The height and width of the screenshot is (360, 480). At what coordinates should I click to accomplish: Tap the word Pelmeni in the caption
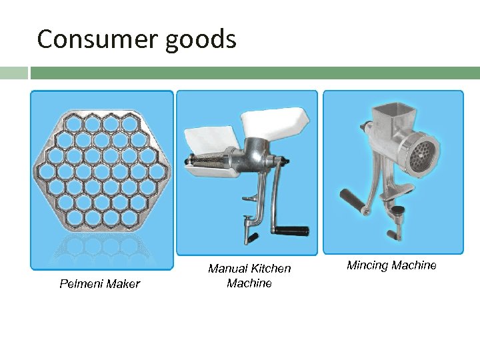click(x=81, y=284)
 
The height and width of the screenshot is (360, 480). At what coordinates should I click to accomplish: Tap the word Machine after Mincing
click(x=414, y=265)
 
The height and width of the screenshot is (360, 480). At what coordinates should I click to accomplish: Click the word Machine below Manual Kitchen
click(x=249, y=283)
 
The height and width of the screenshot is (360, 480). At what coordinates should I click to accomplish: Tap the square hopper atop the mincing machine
click(x=389, y=117)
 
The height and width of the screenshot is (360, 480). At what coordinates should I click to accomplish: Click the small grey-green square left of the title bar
click(x=13, y=73)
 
